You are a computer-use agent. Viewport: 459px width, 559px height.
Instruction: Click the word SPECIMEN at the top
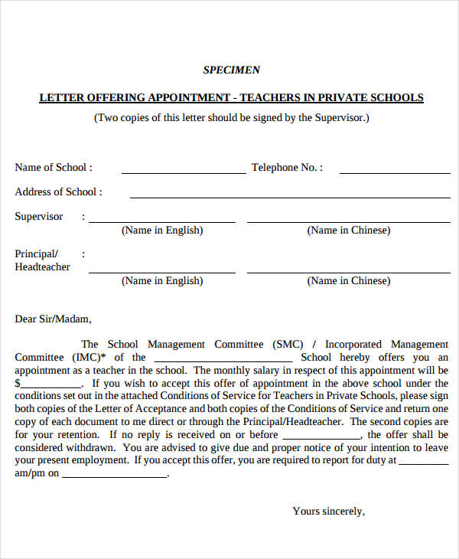coord(231,70)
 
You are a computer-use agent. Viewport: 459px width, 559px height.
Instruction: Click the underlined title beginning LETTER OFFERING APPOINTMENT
coord(231,98)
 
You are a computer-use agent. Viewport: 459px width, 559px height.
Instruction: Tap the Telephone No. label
coord(287,168)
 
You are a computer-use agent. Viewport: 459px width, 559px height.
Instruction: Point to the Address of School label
coord(58,192)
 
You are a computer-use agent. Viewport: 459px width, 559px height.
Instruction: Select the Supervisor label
coord(39,217)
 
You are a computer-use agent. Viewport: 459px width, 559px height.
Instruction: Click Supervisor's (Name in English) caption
coord(162,230)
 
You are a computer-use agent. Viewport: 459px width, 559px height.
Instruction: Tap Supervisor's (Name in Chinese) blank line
coord(348,222)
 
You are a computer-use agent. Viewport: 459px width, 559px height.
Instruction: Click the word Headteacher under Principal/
coord(42,267)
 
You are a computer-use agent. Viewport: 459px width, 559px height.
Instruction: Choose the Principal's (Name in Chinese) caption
coord(348,281)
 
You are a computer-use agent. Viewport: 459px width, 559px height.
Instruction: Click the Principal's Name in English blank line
coord(162,272)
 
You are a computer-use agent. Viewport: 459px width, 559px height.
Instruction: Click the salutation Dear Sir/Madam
coord(53,319)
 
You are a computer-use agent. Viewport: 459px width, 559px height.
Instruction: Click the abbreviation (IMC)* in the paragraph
coord(90,358)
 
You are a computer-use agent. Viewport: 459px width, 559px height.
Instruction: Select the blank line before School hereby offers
coord(223,361)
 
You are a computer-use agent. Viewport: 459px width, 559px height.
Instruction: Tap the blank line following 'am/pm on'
coord(114,477)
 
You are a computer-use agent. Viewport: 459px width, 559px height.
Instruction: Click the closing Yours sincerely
coord(329,512)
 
